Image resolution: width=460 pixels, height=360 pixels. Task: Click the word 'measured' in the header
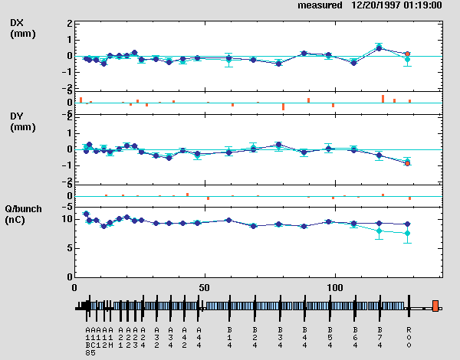pyautogui.click(x=320, y=5)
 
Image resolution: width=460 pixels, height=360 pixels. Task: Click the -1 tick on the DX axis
pyautogui.click(x=67, y=72)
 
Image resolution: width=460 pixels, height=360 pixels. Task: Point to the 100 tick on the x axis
pyautogui.click(x=335, y=286)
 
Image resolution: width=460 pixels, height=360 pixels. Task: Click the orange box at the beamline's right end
pyautogui.click(x=435, y=306)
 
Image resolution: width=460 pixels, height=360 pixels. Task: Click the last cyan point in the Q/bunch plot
pyautogui.click(x=408, y=234)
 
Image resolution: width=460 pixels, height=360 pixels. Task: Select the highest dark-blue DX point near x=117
pyautogui.click(x=379, y=48)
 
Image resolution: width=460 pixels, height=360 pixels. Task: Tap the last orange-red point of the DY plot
pyautogui.click(x=408, y=163)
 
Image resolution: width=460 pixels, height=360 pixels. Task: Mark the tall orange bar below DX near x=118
pyautogui.click(x=383, y=98)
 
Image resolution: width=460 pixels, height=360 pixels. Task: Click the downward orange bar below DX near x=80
pyautogui.click(x=283, y=106)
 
